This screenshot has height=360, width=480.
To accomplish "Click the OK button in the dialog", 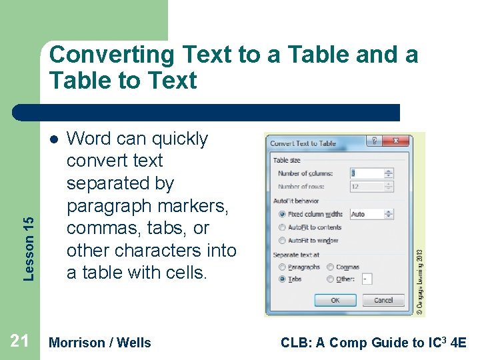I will (x=335, y=300).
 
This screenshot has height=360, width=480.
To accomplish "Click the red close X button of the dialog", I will (x=399, y=141).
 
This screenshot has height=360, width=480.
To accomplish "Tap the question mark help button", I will (x=375, y=141).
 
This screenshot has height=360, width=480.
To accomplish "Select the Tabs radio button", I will (x=282, y=279).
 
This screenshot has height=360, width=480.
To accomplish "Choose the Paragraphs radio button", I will (x=282, y=267).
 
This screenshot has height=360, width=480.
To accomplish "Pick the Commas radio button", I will (x=331, y=267).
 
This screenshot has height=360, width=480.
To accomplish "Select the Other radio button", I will (x=331, y=279).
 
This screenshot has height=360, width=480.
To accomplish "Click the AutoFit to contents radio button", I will (x=282, y=227).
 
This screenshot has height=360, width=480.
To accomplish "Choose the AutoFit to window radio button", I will (x=282, y=240).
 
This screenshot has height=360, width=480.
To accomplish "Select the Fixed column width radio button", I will (x=282, y=215).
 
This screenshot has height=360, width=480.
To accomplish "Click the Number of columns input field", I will (x=366, y=173).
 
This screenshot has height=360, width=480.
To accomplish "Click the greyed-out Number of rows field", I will (x=366, y=187).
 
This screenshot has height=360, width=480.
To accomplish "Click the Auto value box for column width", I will (x=366, y=215).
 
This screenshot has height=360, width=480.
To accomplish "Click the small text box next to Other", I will (x=367, y=279).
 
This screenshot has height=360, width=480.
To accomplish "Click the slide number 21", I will (x=20, y=342).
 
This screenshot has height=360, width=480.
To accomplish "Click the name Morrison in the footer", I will (x=77, y=343).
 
